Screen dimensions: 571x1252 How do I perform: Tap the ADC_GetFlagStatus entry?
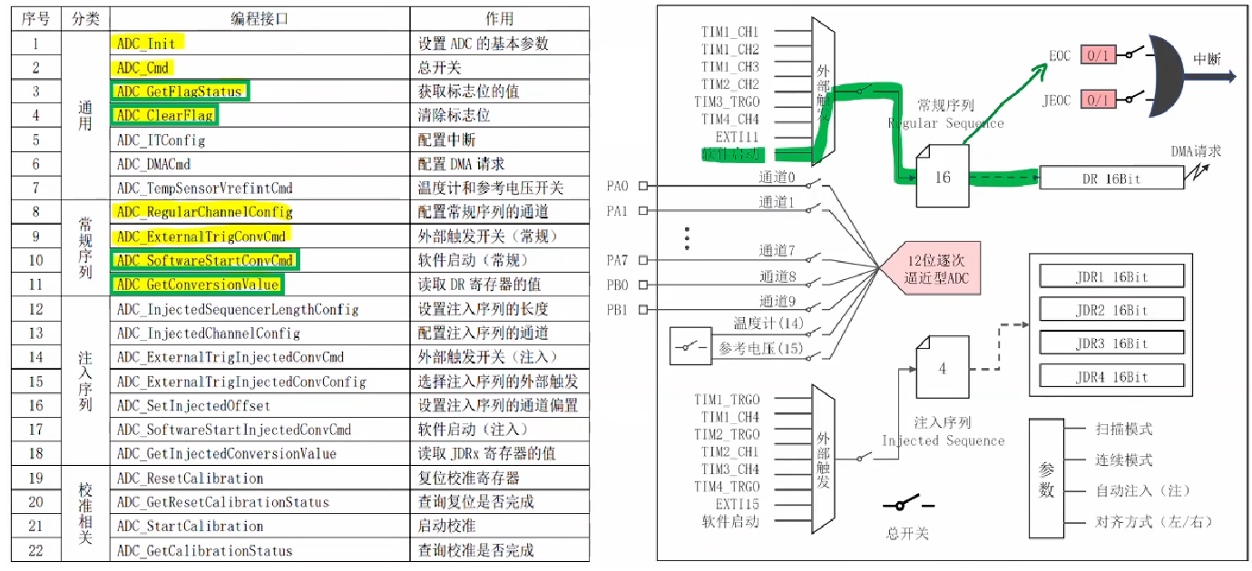tap(179, 92)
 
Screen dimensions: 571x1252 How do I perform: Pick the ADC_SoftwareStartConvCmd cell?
tap(206, 261)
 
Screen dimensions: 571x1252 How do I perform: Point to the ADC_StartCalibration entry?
tap(190, 527)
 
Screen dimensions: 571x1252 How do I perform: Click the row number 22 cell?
tap(35, 550)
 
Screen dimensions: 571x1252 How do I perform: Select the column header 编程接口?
tap(259, 18)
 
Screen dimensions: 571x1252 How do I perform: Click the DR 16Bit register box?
tap(1110, 179)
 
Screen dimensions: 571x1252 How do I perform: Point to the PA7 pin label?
tap(617, 261)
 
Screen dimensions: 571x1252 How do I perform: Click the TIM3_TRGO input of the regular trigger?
tap(729, 102)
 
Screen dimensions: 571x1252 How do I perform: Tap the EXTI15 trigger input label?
tap(737, 504)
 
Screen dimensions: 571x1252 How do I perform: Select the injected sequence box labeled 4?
tap(942, 367)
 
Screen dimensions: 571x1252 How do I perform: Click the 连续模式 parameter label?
tap(1123, 460)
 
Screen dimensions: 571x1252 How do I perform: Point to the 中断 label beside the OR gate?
tap(1207, 59)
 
